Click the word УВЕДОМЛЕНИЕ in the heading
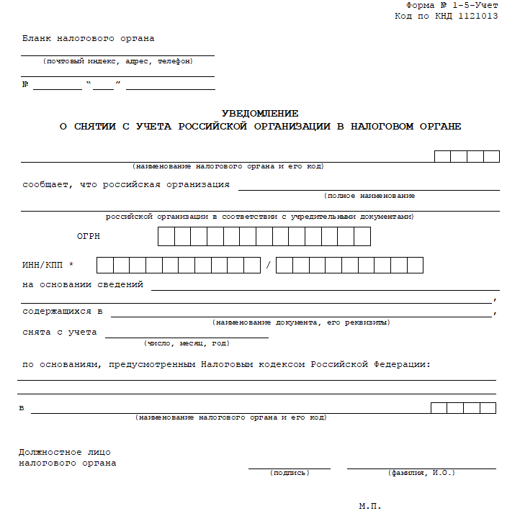tap(260, 114)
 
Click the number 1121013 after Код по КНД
tap(476, 16)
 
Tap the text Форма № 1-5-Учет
tap(457, 5)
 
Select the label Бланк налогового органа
tap(88, 38)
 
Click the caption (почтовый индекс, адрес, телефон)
tap(117, 61)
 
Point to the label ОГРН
tap(89, 236)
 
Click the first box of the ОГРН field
tap(166, 236)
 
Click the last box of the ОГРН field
tap(362, 236)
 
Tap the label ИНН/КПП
tap(43, 266)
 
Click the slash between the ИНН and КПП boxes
tap(268, 266)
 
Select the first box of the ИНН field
tap(104, 266)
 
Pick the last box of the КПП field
tap(415, 266)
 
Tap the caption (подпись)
tap(290, 473)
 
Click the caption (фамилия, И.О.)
tap(421, 473)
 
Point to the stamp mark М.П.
tap(369, 506)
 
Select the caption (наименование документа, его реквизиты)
tap(301, 322)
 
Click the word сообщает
tap(46, 184)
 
